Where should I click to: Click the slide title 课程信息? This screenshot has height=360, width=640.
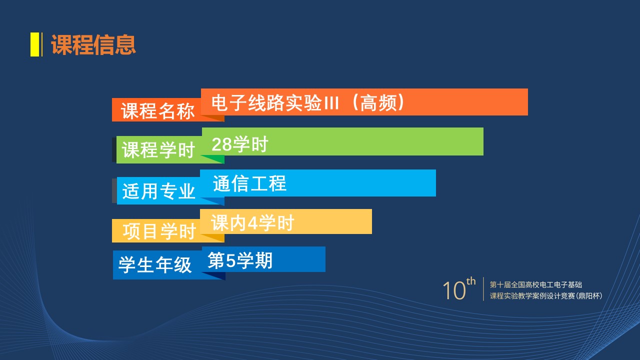point(93,44)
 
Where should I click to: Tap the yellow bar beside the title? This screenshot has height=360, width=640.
point(34,44)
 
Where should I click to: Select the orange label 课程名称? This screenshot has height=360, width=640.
point(157,111)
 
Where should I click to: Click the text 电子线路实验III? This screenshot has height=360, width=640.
point(275,102)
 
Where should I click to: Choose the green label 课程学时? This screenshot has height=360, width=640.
point(158,149)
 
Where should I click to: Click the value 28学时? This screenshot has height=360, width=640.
point(240,144)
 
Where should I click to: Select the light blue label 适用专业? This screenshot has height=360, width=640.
point(158,191)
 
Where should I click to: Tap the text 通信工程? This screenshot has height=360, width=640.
point(249,183)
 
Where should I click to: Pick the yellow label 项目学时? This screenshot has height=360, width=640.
point(159,231)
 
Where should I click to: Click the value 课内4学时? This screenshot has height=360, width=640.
point(252,223)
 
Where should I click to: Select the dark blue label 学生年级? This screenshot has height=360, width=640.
point(155,264)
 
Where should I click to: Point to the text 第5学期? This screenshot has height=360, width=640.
point(240,260)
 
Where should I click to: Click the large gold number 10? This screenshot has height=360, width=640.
point(454,290)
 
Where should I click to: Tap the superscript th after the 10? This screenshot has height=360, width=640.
point(471,281)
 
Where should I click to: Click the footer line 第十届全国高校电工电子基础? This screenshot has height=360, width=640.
point(535,284)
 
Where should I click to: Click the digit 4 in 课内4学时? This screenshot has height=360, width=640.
point(252,223)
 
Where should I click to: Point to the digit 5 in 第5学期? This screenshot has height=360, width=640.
point(230,261)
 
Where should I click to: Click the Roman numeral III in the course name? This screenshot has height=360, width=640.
point(331,103)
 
